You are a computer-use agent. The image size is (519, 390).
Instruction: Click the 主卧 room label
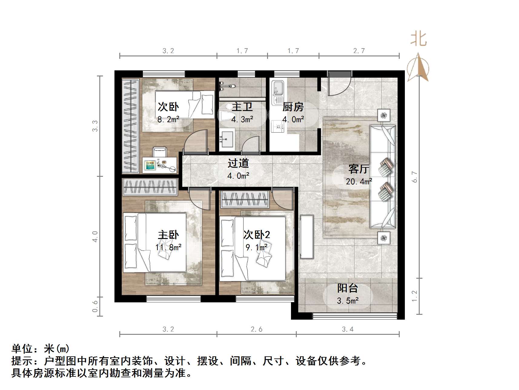(168, 235)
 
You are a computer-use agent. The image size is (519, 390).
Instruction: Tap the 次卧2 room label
(256, 234)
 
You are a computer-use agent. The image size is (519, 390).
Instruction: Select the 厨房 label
(293, 107)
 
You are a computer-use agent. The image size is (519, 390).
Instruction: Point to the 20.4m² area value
(359, 182)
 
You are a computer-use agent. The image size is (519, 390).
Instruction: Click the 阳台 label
(348, 288)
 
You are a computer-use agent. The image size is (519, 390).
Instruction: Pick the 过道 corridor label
(238, 163)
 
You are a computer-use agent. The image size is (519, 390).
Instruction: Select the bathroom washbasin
(226, 140)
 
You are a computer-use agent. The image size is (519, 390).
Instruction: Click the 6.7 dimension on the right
(415, 177)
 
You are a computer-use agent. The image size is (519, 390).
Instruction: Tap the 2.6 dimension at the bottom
(256, 329)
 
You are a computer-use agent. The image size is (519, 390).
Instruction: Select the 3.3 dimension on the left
(95, 126)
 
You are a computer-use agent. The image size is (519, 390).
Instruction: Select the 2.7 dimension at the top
(359, 51)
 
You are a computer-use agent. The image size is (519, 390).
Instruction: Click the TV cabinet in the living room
(307, 237)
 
